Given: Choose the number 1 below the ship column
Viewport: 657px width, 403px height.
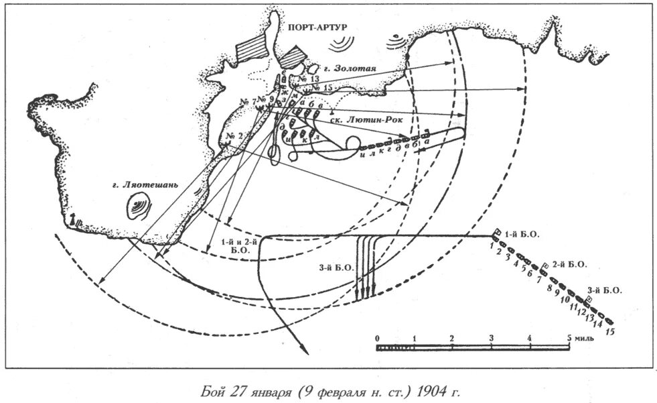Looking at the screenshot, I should point(492,245).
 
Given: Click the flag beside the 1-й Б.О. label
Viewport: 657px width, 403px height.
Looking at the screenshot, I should point(496,232).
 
